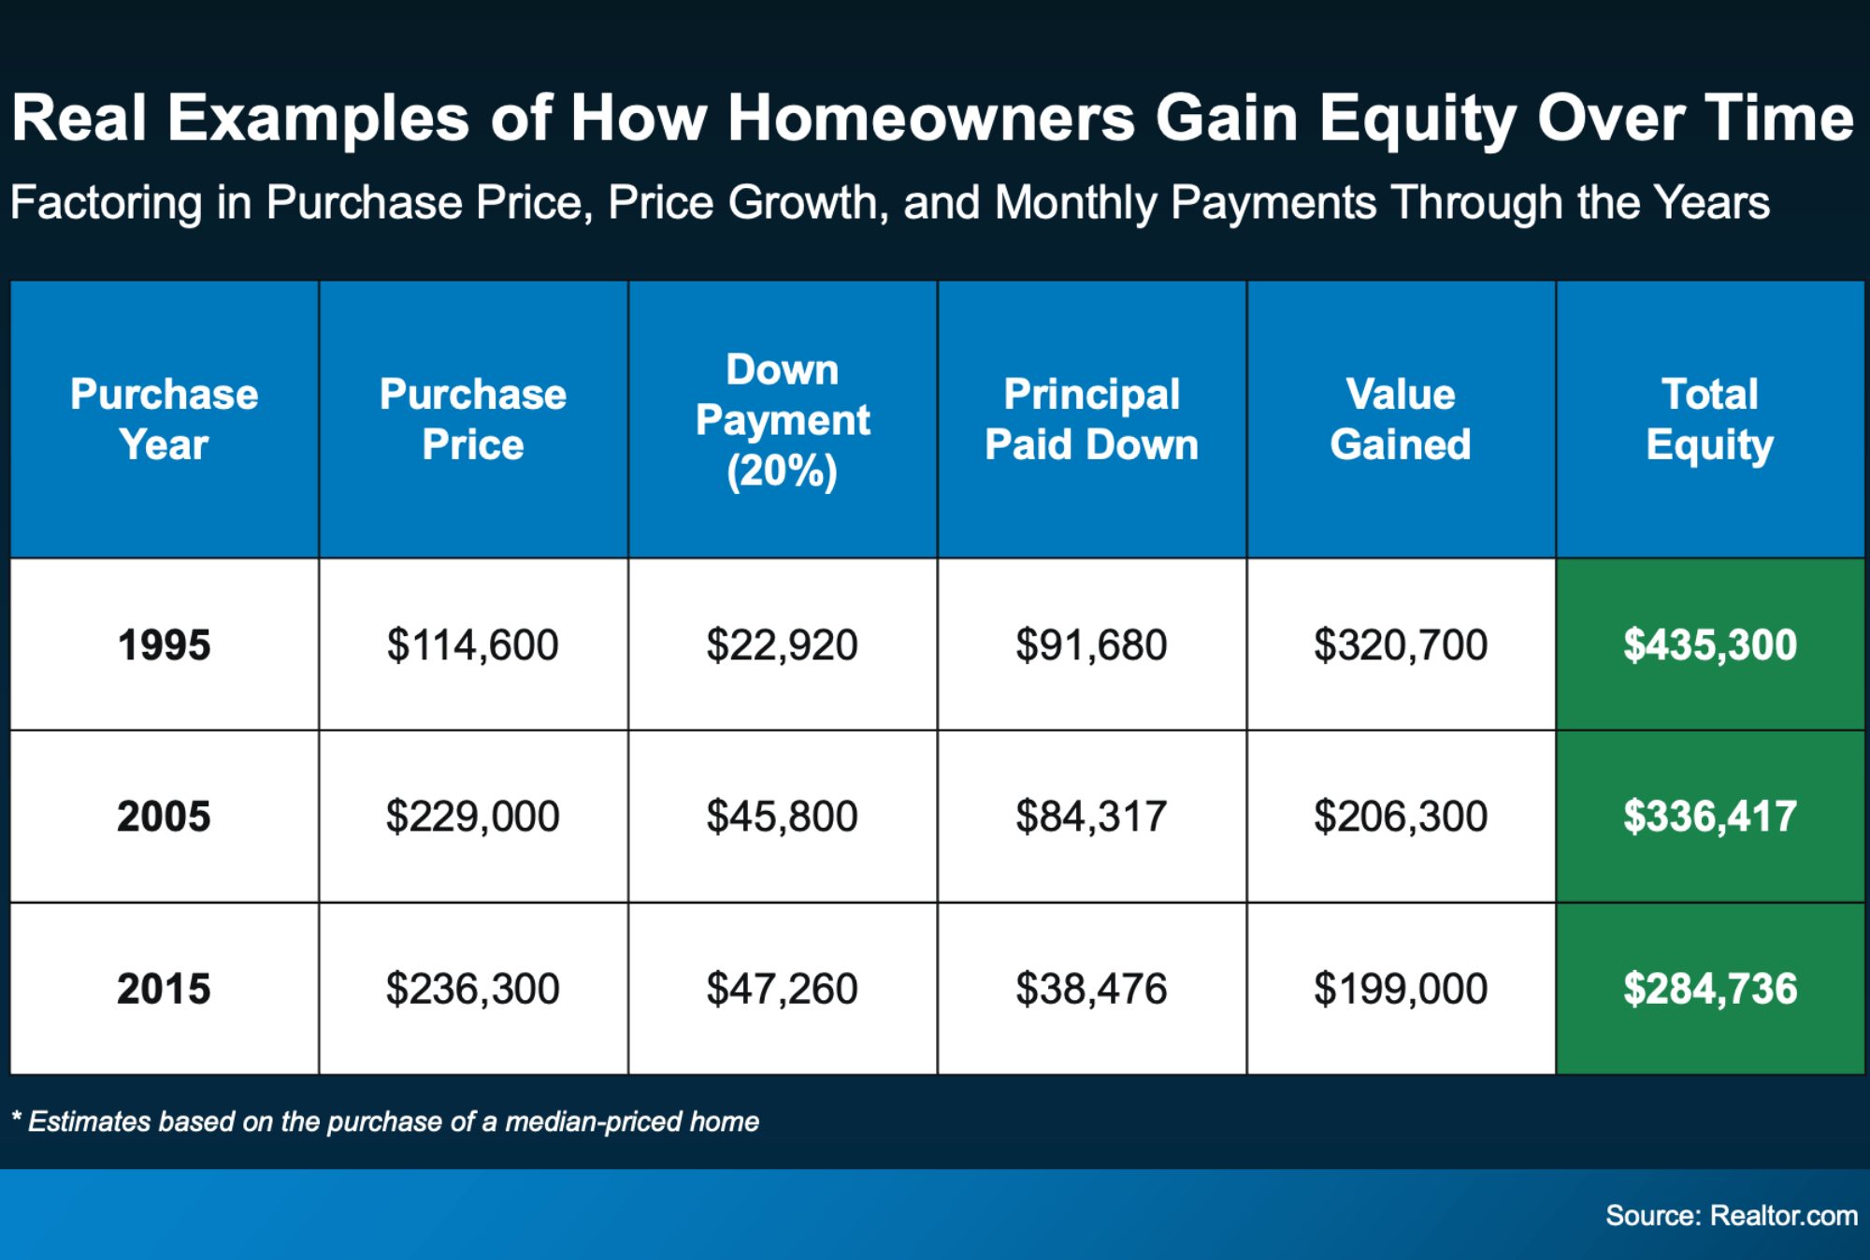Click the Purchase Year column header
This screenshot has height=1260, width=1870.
(164, 419)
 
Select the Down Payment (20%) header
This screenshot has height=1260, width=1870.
(783, 419)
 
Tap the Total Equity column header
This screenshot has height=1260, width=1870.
(1709, 419)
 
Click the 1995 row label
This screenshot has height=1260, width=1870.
(164, 644)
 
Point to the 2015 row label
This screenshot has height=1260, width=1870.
(164, 989)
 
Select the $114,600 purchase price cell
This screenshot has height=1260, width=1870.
(472, 644)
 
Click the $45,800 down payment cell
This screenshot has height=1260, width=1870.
(782, 817)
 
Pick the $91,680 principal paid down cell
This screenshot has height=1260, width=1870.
(1091, 644)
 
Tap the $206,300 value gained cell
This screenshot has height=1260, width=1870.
(1400, 817)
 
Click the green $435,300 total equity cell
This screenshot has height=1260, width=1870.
(1709, 644)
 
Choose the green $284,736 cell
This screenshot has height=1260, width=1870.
(1709, 989)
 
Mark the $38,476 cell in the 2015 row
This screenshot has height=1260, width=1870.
(1091, 989)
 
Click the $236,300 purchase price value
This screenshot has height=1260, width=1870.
(472, 989)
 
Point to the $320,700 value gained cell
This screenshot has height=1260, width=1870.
(1400, 644)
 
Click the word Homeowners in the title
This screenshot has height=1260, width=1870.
(930, 119)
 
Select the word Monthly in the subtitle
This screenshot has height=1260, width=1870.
(1075, 203)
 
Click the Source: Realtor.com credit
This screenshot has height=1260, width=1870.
(1731, 1215)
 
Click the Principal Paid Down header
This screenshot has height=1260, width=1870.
(1091, 419)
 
